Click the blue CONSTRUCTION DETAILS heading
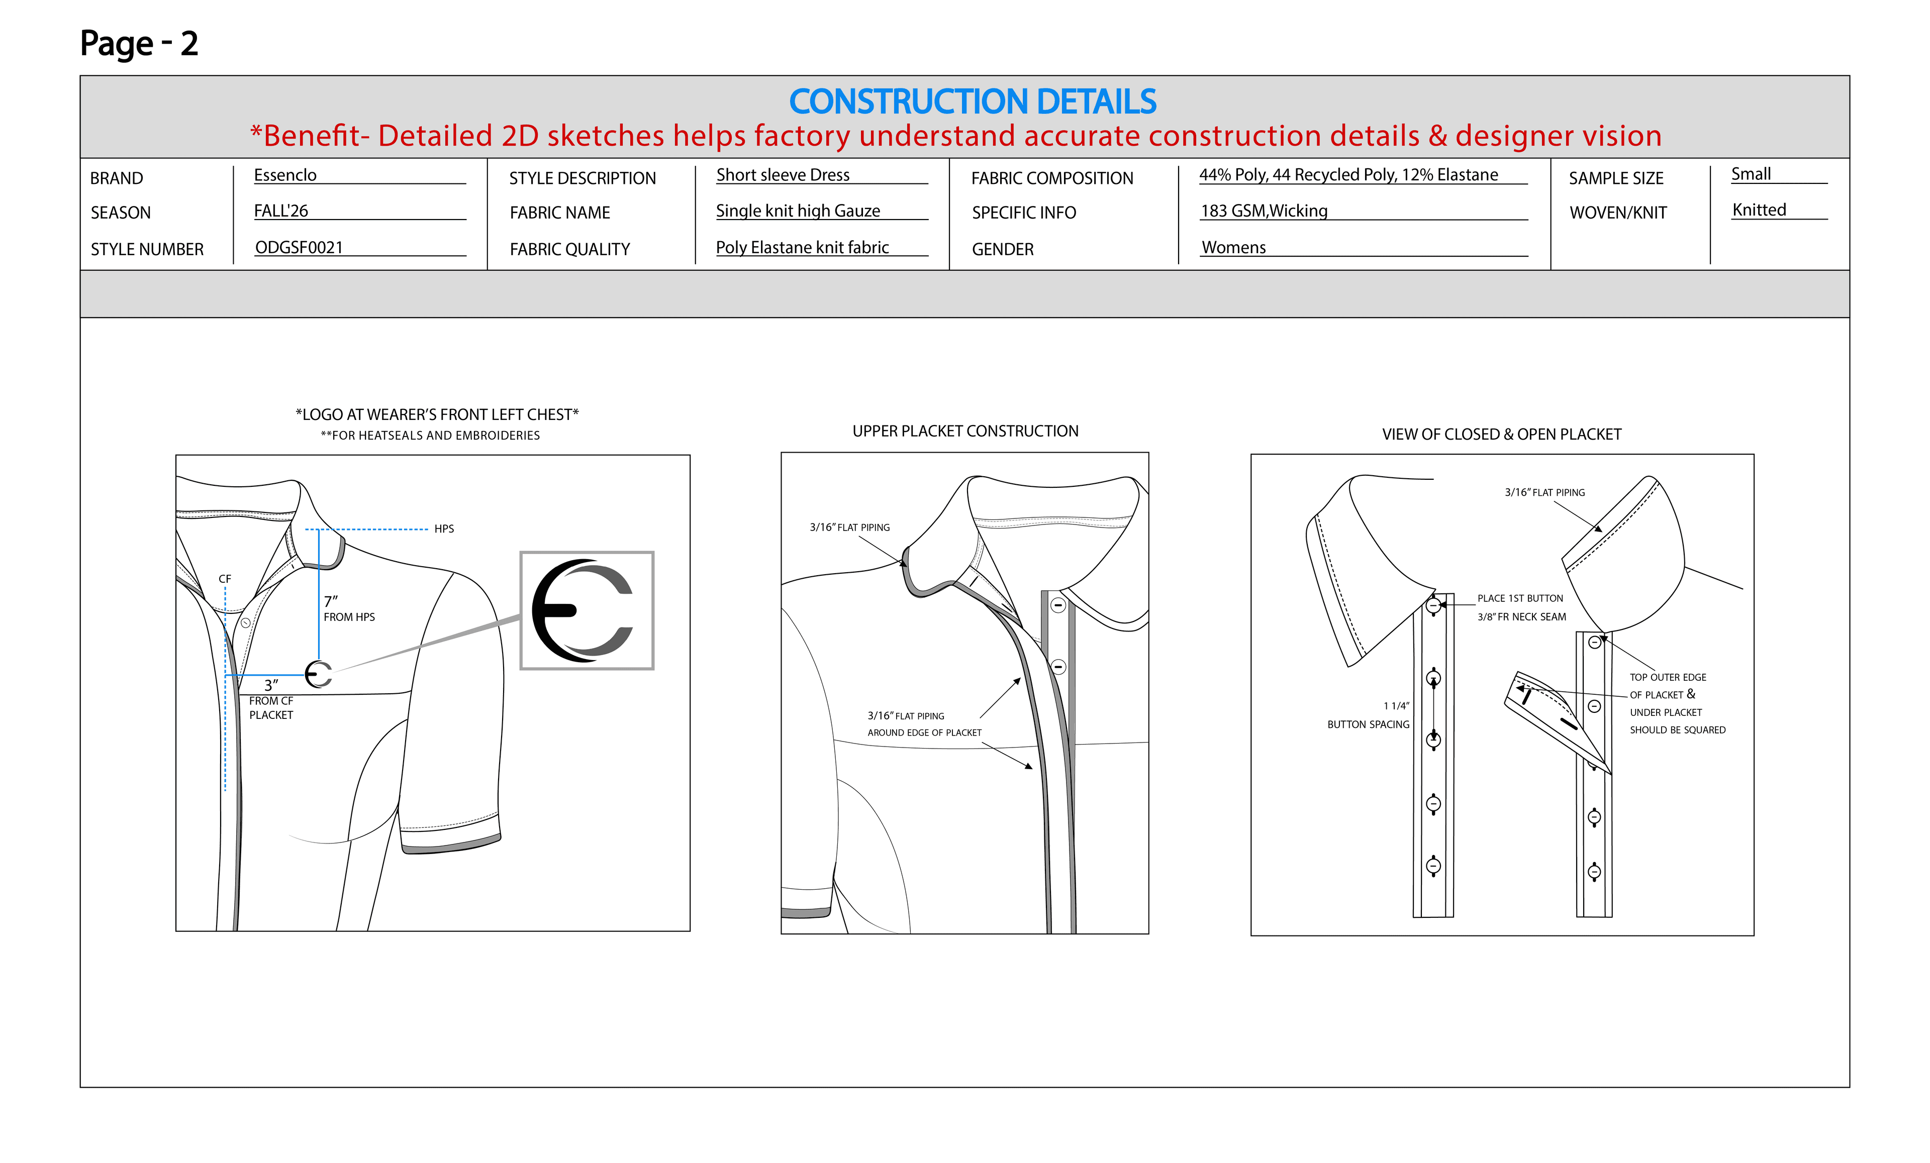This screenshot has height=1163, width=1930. (972, 102)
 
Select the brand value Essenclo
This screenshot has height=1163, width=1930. (285, 175)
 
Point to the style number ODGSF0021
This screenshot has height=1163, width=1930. (299, 248)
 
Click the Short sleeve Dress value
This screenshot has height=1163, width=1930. (783, 175)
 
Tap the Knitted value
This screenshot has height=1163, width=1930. (1759, 210)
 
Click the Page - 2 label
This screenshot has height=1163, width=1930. (139, 43)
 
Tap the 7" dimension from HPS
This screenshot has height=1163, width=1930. (331, 601)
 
